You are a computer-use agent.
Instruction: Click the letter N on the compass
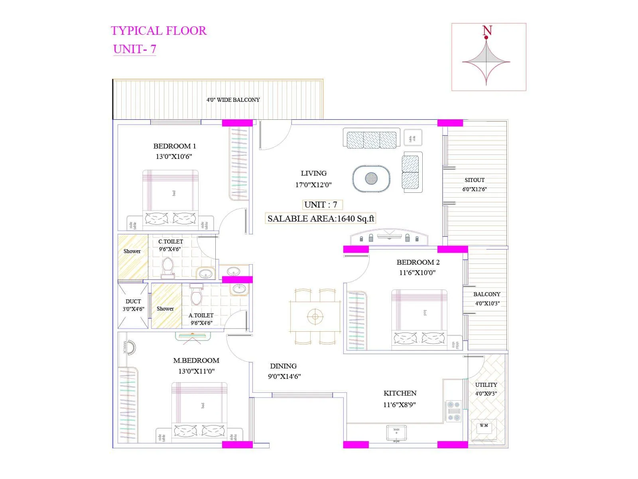click(487, 30)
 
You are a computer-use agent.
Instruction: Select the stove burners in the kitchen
click(453, 411)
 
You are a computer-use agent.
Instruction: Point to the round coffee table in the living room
click(371, 178)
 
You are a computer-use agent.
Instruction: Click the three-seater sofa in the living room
click(371, 139)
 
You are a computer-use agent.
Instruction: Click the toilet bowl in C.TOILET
click(167, 267)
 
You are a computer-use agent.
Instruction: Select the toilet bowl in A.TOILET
click(196, 296)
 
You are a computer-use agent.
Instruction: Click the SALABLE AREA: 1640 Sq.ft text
click(321, 219)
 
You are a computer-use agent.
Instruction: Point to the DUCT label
click(133, 301)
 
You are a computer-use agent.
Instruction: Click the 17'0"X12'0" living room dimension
click(313, 185)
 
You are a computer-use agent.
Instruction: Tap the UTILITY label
click(486, 385)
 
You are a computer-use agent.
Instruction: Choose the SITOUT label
click(475, 180)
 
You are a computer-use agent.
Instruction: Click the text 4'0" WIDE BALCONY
click(233, 100)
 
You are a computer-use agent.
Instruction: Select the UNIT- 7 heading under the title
click(134, 49)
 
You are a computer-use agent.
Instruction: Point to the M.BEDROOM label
click(196, 360)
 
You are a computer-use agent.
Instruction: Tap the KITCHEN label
click(400, 393)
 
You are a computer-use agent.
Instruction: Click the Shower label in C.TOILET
click(132, 251)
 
